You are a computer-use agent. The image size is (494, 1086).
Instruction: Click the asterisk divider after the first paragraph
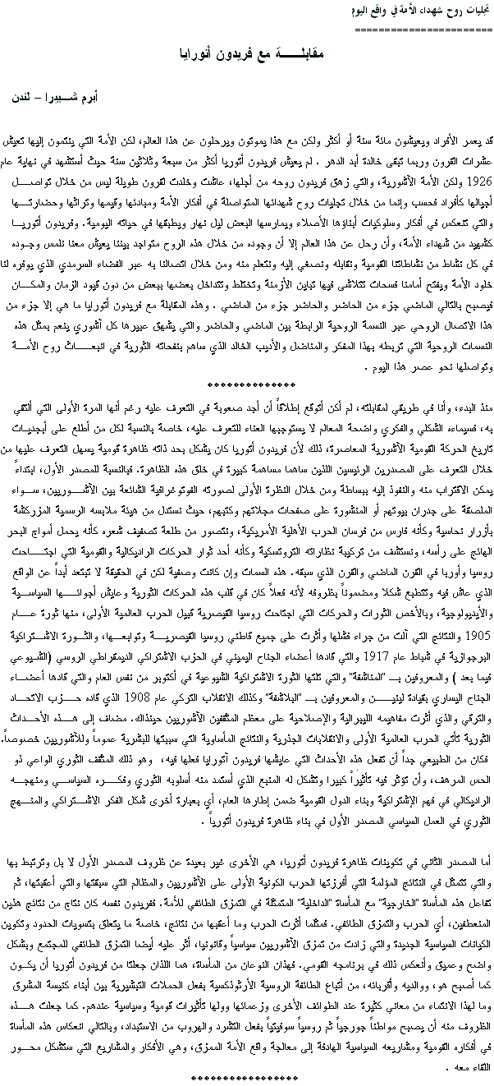pos(246,384)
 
